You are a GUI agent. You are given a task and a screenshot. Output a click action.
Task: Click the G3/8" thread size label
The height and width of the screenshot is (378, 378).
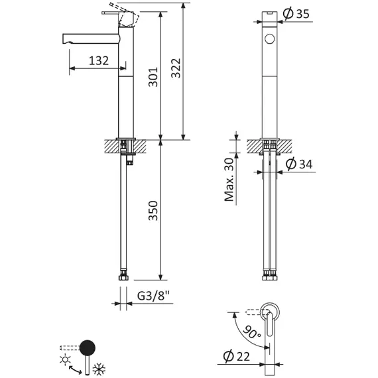[154, 296]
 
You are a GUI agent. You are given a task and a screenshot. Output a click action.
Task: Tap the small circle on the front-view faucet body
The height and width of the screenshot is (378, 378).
[269, 39]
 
